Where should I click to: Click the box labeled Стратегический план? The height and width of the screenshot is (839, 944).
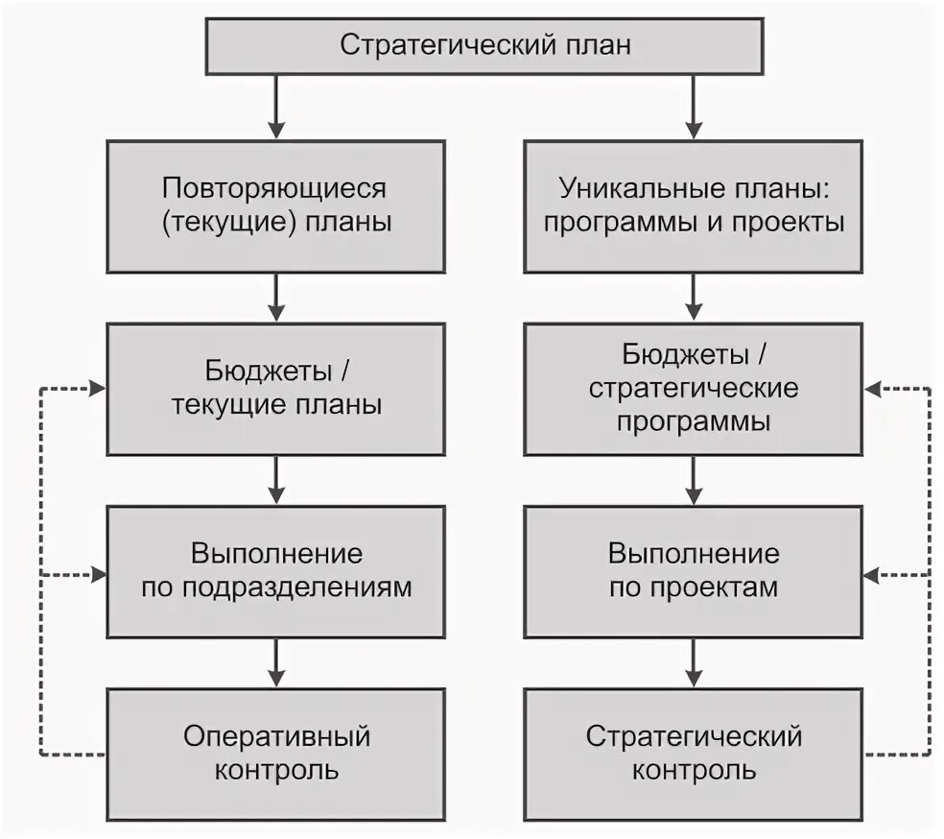485,46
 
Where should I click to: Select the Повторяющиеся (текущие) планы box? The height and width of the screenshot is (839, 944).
276,205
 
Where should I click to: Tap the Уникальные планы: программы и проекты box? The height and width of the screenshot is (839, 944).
693,205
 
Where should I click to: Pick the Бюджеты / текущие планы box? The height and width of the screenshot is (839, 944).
276,388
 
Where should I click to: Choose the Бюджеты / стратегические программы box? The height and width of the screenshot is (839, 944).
693,388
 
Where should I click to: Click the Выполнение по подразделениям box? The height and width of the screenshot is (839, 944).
276,571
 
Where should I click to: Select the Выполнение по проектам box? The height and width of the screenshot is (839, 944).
693,571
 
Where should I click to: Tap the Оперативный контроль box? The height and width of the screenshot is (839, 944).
276,753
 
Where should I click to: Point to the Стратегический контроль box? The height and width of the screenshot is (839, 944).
693,753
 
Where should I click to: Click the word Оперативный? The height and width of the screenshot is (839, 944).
276,736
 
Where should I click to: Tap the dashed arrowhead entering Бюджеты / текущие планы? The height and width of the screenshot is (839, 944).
96,389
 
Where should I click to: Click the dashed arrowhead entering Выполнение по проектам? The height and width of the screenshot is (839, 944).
872,576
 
